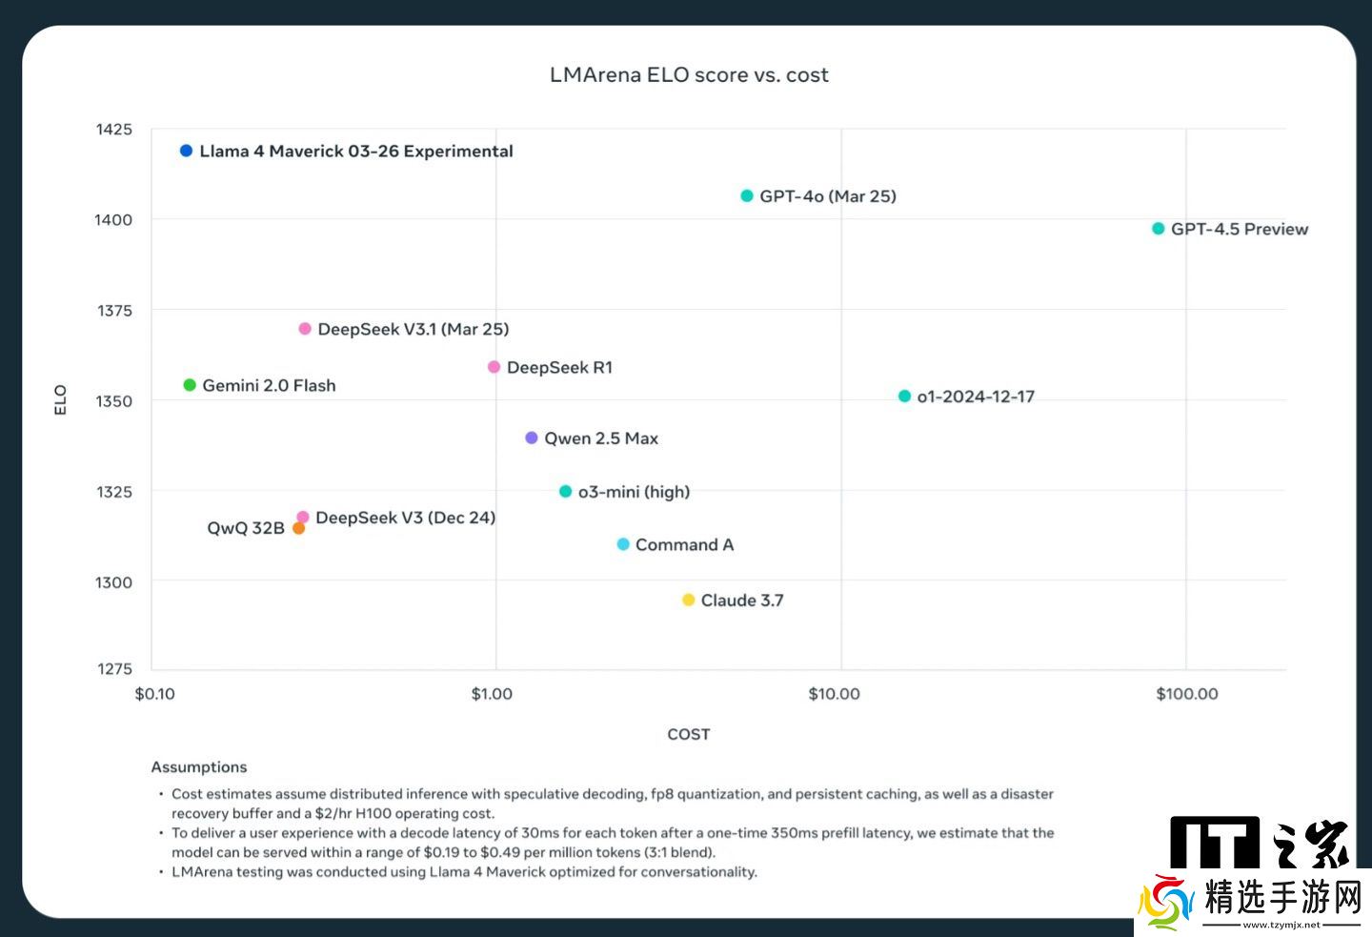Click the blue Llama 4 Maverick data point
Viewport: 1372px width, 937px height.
click(187, 151)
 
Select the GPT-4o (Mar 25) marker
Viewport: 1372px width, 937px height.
click(747, 196)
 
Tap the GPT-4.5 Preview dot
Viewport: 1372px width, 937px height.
click(1159, 229)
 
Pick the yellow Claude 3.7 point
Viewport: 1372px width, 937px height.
click(689, 601)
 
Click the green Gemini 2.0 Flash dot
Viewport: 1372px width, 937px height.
click(190, 385)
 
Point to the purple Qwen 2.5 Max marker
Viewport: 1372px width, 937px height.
click(532, 438)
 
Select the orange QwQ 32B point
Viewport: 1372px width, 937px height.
click(298, 528)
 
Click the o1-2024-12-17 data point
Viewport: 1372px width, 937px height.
click(904, 397)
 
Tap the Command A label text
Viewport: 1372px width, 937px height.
click(684, 545)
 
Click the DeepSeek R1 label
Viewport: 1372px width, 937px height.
click(559, 368)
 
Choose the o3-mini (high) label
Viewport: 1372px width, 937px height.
click(634, 492)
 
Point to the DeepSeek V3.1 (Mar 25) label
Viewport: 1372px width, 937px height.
click(413, 329)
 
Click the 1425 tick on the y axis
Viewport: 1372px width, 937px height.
click(114, 130)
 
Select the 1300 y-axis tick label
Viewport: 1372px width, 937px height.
click(114, 582)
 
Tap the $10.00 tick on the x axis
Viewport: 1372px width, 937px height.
click(834, 694)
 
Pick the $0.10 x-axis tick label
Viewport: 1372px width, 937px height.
click(155, 694)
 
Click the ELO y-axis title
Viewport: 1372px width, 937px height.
click(61, 399)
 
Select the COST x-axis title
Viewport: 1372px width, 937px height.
click(688, 734)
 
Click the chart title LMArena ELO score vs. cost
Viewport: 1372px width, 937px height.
click(689, 75)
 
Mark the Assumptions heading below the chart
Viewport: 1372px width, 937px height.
click(199, 767)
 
